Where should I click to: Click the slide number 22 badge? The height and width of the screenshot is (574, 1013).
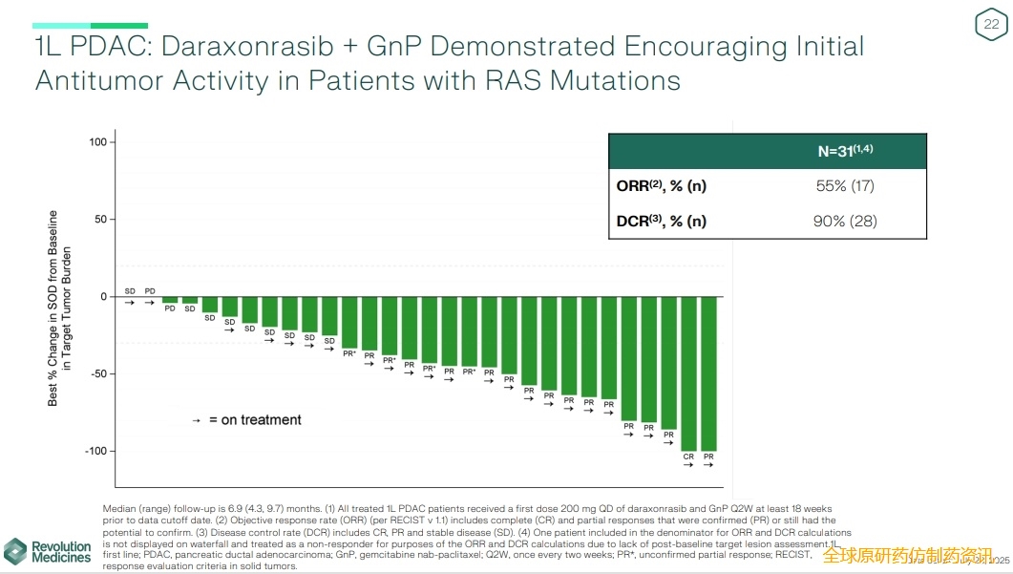[990, 25]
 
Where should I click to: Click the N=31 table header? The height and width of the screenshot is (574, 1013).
[846, 152]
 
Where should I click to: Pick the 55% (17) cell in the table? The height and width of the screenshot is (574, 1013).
[845, 186]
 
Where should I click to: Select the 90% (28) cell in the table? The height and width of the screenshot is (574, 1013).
[845, 222]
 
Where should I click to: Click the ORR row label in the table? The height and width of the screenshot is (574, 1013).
[662, 186]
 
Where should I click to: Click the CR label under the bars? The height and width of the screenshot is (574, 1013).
[688, 457]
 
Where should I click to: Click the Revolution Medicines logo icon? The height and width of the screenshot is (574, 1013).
[16, 551]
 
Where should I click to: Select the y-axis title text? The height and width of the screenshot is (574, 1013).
[59, 308]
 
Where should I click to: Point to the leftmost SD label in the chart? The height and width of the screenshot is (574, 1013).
[130, 290]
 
